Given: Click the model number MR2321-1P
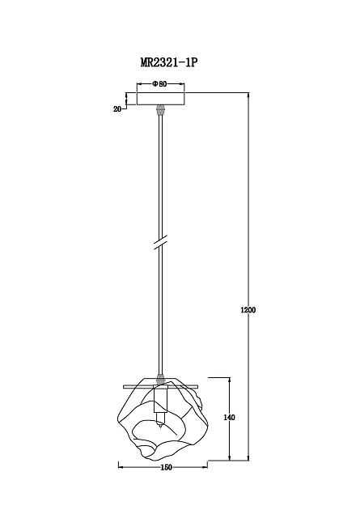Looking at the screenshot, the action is point(168,62).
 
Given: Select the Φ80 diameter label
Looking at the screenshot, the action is point(159,84).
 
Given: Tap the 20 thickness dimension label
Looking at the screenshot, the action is point(117,109).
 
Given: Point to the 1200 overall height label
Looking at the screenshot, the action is point(248,310).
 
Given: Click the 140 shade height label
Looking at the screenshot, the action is point(230,417).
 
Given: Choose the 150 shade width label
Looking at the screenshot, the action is point(166,467).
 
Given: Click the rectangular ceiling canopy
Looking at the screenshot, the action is point(160,99).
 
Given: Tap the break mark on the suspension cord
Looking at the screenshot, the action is point(160,243).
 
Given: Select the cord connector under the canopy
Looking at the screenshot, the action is point(160,110).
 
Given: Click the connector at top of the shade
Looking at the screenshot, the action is point(160,379).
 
